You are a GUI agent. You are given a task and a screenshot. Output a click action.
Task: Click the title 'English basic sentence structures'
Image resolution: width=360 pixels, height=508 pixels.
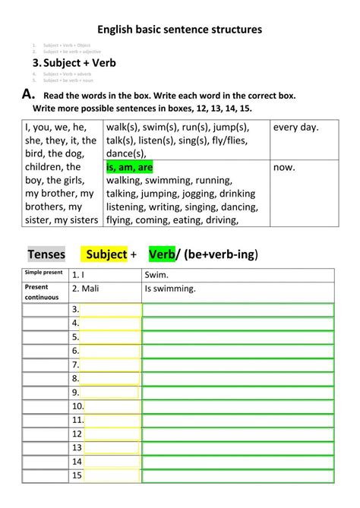[179, 29]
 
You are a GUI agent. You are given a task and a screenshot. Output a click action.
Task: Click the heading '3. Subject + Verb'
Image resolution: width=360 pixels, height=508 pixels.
[74, 62]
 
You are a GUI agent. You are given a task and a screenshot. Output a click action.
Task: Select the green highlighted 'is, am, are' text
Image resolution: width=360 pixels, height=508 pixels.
[130, 168]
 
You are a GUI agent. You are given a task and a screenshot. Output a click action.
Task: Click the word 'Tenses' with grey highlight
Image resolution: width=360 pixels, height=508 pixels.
[46, 254]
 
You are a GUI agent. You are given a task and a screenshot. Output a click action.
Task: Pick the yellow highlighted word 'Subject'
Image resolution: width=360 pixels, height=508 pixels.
[106, 254]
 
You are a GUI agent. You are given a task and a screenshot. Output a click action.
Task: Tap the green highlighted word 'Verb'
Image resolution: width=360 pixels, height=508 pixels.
[162, 254]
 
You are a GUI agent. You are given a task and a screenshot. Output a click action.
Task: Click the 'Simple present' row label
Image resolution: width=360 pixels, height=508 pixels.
[46, 273]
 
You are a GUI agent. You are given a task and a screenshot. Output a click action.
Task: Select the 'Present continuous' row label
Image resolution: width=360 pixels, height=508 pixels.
[46, 292]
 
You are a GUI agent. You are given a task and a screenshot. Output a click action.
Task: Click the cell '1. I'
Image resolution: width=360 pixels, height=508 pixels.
[106, 275]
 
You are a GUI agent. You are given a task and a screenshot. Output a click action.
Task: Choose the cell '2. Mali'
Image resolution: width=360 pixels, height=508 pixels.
[106, 289]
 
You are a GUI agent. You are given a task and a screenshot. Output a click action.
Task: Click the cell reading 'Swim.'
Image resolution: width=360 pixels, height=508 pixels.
[238, 275]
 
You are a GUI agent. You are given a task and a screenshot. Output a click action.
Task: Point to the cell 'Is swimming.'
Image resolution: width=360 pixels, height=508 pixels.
[238, 289]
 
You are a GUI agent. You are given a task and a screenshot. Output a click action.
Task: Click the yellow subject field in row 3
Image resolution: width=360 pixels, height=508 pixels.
[111, 310]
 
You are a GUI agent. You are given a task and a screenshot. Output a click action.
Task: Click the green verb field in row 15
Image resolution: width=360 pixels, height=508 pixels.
[238, 476]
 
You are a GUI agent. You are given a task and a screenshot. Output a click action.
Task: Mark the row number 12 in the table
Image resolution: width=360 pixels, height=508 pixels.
[76, 434]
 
